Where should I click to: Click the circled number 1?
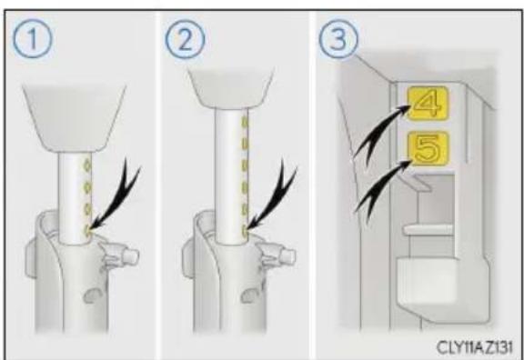coord(33,39)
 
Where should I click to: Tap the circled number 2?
coord(186,39)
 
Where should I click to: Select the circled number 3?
coord(338,39)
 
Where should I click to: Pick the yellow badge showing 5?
coord(428,148)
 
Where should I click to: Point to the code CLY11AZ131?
coord(475,347)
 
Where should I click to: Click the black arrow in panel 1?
coord(116,200)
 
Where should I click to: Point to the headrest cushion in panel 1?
coord(75,117)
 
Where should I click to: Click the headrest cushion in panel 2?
coord(230,87)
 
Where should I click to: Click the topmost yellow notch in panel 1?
coord(87,165)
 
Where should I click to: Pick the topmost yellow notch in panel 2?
coord(245,123)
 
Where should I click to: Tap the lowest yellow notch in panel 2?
coord(245,230)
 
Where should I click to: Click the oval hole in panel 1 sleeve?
coord(93,295)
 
